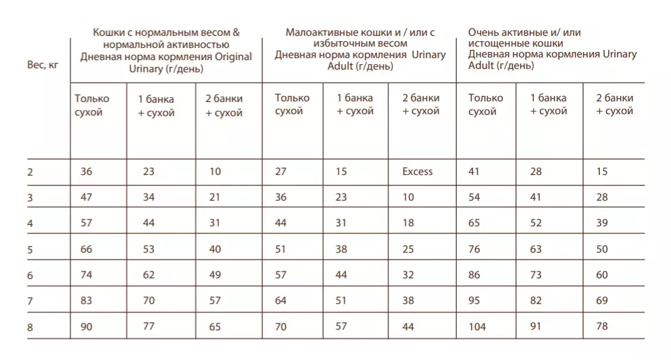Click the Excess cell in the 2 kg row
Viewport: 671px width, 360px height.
(417, 172)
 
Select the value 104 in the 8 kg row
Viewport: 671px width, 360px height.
(477, 327)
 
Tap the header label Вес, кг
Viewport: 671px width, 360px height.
(43, 65)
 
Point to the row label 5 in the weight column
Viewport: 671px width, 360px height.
(30, 250)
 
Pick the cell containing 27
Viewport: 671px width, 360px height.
(280, 172)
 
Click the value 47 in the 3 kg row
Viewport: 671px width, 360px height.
(86, 197)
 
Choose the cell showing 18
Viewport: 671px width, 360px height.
(408, 223)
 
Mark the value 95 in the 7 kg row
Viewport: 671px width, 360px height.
(474, 301)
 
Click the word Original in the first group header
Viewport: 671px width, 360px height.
(233, 57)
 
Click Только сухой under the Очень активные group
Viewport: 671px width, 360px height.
(486, 105)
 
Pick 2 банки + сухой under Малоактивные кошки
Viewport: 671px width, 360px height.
(421, 104)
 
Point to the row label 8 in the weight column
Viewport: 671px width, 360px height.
(30, 328)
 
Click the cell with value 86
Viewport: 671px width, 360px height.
(474, 274)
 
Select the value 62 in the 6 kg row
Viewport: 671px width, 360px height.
(149, 274)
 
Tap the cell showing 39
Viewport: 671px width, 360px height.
(602, 223)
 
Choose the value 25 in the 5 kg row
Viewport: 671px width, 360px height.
(408, 249)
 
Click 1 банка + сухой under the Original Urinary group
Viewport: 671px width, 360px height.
(156, 106)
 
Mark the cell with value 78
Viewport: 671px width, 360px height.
(602, 326)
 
